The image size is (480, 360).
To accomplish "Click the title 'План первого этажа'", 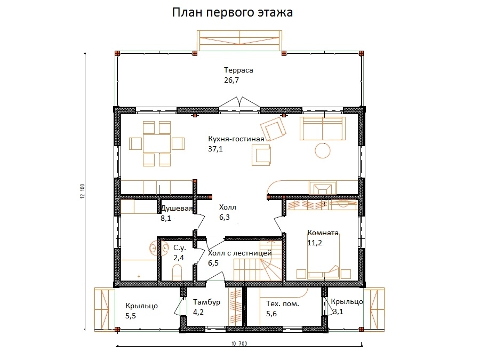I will (x=232, y=13).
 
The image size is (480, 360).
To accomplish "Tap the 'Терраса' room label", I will (x=238, y=70).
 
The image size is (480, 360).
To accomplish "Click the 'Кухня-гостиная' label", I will (x=236, y=139).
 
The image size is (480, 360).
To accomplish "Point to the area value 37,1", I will (x=215, y=149).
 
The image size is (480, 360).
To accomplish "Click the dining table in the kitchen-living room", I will (x=157, y=143).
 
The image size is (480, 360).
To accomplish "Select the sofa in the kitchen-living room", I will (x=322, y=129).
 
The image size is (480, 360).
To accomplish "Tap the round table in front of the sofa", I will (x=323, y=150).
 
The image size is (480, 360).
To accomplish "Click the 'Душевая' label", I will (x=177, y=209).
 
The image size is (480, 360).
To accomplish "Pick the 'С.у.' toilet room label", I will (x=179, y=247).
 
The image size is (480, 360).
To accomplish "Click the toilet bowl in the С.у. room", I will (x=177, y=271).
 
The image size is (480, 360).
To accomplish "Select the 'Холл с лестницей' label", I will (x=239, y=253).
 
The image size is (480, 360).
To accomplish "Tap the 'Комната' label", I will (x=323, y=233).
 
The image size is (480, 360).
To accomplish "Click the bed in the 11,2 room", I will (x=322, y=262).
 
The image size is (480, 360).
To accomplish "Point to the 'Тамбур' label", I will (x=206, y=302).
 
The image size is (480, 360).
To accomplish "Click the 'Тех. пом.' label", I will (x=282, y=303).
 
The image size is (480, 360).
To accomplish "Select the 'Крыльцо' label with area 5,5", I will (x=141, y=306).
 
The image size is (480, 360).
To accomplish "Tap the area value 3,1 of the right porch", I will (x=338, y=311).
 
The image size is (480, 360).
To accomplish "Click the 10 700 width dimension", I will (x=239, y=343).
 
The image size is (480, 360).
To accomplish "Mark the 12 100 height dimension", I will (x=83, y=191).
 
